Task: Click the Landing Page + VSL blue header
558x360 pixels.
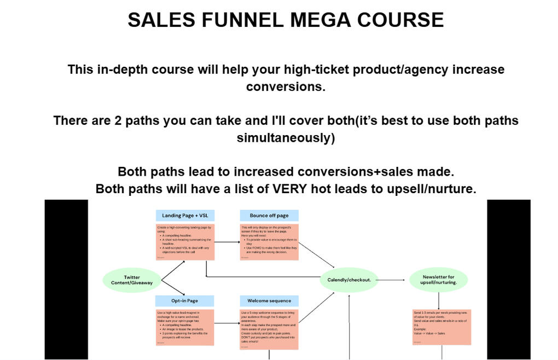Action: coord(185,216)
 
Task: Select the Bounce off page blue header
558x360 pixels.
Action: coord(269,216)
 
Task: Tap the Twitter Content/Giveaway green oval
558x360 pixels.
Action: coord(132,280)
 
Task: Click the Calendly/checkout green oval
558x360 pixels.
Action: coord(349,280)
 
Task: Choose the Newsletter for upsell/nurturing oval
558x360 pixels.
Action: coord(438,280)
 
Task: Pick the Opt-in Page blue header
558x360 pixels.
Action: coord(185,301)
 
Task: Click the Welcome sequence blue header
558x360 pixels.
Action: coord(269,301)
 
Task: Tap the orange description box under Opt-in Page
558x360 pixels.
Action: coord(185,327)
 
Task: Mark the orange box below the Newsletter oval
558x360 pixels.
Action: coord(441,327)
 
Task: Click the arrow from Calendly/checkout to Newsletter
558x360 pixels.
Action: coord(391,280)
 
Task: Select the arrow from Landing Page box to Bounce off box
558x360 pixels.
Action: coord(227,242)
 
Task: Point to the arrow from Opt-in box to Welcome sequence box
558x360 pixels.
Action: coord(227,324)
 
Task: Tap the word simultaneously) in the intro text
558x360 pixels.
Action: coord(286,138)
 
